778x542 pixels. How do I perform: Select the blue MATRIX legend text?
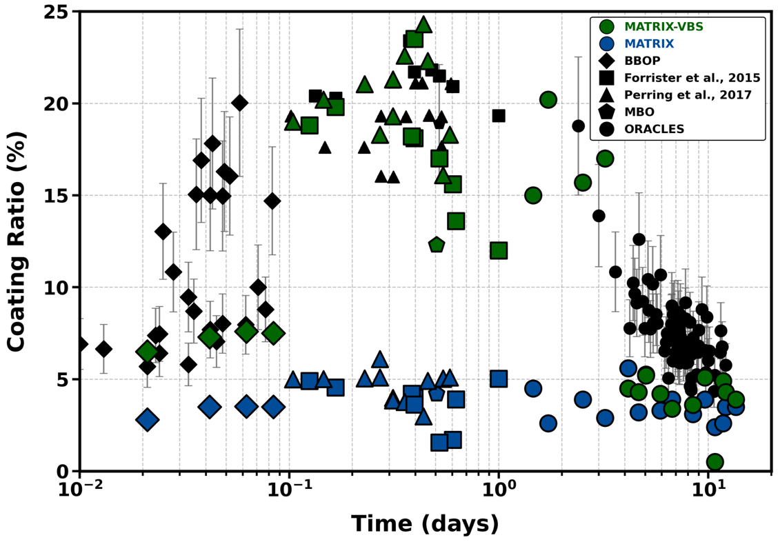tap(649, 44)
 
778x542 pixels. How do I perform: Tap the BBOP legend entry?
tap(642, 61)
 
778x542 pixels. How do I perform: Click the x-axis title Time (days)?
tap(425, 524)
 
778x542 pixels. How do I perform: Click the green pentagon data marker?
tap(436, 245)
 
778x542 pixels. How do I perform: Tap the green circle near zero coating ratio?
tap(715, 462)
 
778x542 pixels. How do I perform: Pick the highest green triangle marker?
tap(424, 25)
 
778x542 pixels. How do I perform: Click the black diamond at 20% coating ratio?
tap(239, 103)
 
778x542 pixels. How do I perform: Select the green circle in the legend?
tap(607, 27)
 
